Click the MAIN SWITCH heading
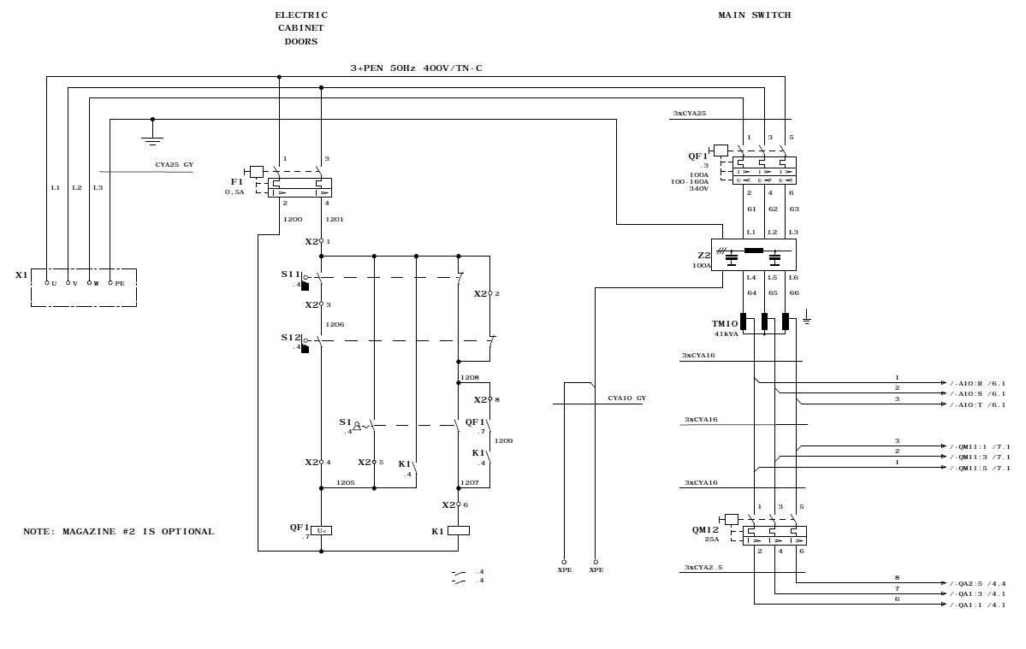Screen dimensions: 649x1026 [754, 15]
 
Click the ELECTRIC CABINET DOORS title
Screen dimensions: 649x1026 [301, 27]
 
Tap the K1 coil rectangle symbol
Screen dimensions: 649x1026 [460, 530]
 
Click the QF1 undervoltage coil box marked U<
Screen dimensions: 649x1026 [321, 530]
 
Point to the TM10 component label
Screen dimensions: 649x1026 [724, 324]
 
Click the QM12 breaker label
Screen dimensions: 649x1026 [705, 529]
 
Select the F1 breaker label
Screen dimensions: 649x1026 [236, 181]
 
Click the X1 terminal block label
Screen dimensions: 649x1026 [21, 275]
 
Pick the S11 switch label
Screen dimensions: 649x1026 [291, 274]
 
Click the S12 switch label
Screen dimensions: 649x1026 [291, 338]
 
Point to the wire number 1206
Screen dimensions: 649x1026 [335, 325]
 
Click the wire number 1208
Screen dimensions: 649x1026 [470, 376]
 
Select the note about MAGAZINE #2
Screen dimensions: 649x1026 [119, 531]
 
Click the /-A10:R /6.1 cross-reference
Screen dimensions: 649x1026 [977, 382]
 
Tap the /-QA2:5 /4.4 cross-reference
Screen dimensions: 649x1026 [977, 584]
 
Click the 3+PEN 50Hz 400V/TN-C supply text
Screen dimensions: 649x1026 [416, 67]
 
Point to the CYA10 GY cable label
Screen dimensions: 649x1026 [627, 398]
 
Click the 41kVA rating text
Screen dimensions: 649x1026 [727, 334]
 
